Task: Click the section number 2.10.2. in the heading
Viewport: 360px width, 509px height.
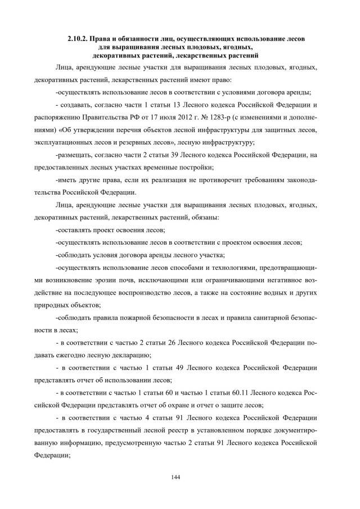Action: pos(78,39)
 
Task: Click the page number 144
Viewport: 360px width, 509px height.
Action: pos(175,477)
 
